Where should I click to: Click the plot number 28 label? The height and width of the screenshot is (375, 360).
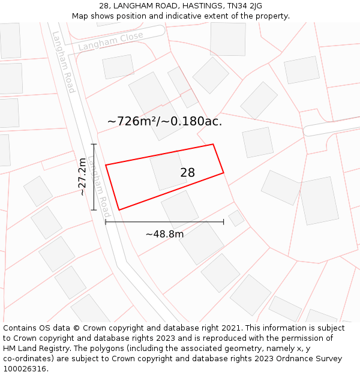pos(187,173)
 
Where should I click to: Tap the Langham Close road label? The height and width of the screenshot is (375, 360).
pos(110,41)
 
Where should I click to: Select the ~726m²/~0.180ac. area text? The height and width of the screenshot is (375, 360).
pos(164,121)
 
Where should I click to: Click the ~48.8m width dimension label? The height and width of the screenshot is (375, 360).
pos(164,234)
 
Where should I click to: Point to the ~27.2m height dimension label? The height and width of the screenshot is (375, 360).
pos(82,177)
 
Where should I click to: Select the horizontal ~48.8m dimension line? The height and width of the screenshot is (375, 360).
pos(164,222)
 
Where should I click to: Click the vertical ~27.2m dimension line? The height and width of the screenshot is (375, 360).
pos(94,177)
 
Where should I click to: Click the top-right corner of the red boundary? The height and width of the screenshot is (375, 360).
pos(213,144)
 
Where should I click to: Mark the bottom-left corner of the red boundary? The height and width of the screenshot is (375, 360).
pos(119,210)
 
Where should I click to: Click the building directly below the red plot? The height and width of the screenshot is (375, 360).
pos(179,209)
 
